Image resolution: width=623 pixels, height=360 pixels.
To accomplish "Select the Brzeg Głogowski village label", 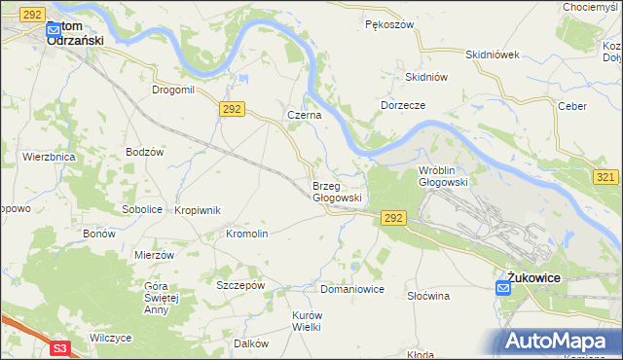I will (337, 192).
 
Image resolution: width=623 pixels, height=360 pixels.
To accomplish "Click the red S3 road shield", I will (60, 347).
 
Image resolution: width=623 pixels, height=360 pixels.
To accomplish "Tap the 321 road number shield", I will (605, 176).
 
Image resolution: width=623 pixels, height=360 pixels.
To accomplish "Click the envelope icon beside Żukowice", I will (502, 286).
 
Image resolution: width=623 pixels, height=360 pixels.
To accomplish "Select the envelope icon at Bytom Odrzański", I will (55, 30).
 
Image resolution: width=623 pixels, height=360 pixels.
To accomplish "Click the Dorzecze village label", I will (404, 104).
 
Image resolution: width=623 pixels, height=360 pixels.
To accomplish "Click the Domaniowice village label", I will (352, 290).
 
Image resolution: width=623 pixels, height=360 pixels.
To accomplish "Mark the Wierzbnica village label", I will (49, 156).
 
